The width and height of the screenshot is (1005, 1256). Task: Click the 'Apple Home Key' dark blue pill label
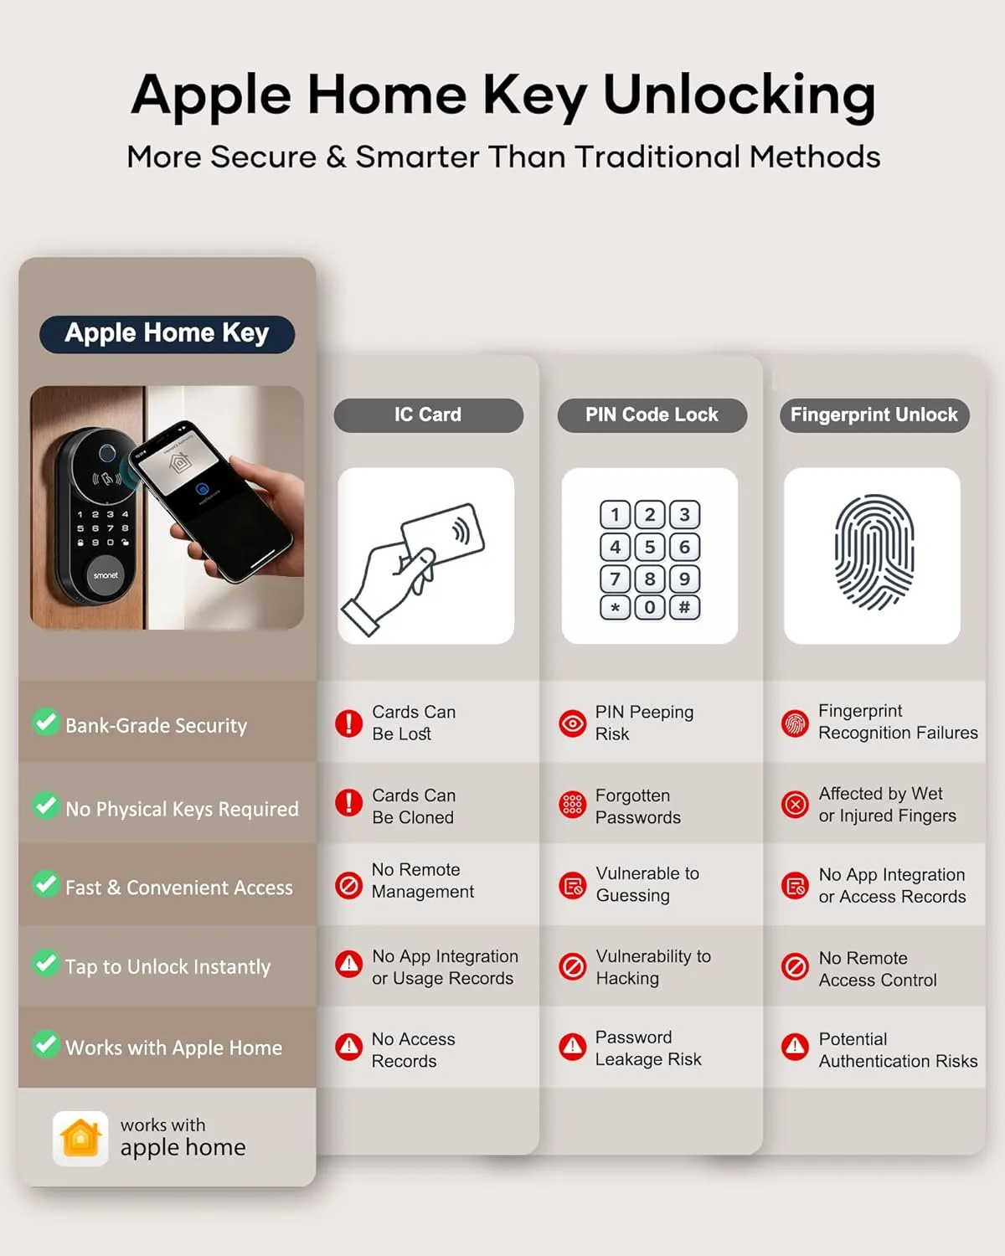click(x=167, y=333)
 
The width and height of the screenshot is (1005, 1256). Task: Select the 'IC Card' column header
click(x=428, y=414)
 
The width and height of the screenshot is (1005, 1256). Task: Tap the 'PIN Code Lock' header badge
click(x=652, y=414)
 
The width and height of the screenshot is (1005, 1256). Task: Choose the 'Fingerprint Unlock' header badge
click(x=874, y=414)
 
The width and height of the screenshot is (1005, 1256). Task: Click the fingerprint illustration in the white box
click(x=873, y=553)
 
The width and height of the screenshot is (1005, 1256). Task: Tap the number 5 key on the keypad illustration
click(x=650, y=547)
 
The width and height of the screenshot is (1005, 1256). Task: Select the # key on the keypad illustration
click(x=684, y=607)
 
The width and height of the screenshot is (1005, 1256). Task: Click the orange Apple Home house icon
click(x=80, y=1138)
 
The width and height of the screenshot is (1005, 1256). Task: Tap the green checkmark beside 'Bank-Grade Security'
click(x=45, y=722)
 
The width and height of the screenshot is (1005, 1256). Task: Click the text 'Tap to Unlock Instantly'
click(x=167, y=966)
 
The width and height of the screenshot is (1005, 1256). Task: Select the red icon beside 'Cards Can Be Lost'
click(x=348, y=723)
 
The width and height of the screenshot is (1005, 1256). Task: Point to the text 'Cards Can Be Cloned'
click(x=414, y=806)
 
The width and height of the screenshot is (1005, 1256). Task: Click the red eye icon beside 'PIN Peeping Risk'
click(x=572, y=723)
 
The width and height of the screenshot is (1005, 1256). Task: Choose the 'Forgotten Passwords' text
click(x=637, y=806)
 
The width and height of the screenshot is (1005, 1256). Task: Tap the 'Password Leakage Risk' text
click(x=647, y=1048)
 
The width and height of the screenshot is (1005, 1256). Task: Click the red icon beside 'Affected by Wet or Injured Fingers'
click(x=795, y=805)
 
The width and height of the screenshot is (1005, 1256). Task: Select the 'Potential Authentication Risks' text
click(x=897, y=1050)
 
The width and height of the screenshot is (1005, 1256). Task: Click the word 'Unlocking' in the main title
click(x=739, y=95)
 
